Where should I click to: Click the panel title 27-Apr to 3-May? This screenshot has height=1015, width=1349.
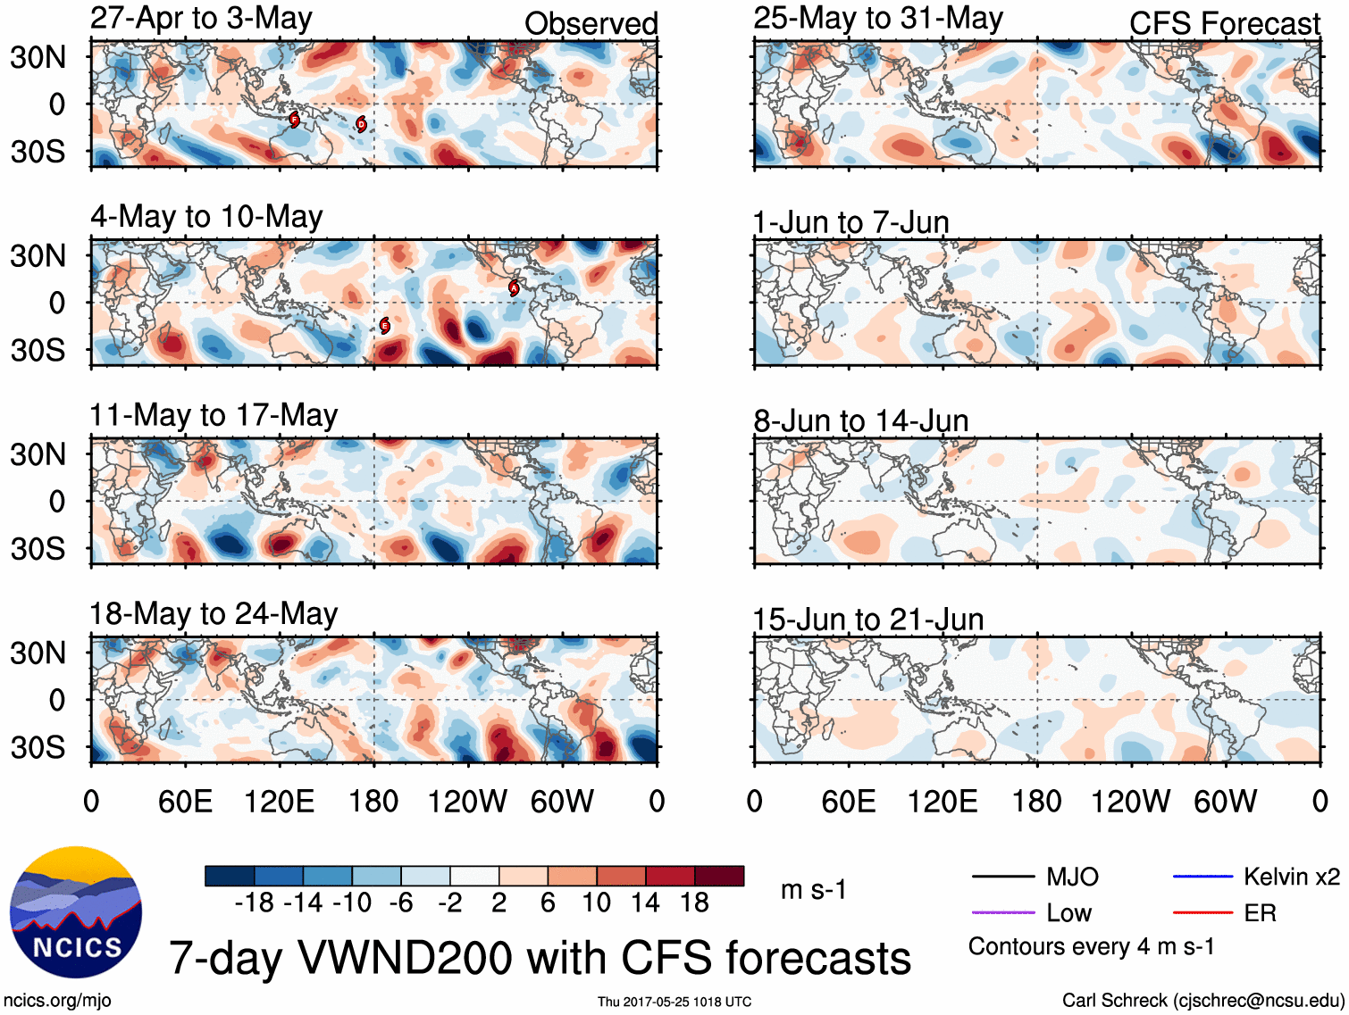[201, 18]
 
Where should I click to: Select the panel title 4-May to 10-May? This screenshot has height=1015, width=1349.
[206, 217]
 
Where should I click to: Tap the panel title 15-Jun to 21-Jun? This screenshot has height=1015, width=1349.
[867, 619]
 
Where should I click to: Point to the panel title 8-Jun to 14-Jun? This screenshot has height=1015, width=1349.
[860, 420]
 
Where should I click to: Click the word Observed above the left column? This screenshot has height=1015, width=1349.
[591, 23]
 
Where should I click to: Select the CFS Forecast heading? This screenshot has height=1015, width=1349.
[1224, 23]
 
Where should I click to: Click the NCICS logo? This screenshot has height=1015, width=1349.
[76, 911]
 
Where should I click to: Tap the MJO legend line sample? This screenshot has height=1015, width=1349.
[1002, 877]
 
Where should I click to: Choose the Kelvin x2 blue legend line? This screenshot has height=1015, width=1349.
[1202, 877]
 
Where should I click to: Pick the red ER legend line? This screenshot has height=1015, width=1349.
[1202, 913]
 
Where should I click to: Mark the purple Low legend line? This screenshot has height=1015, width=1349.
[1002, 913]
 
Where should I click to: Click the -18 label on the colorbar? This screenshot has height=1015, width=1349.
[254, 903]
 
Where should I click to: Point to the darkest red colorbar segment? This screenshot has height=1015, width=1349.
[719, 876]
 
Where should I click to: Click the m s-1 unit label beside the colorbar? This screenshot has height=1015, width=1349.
[813, 889]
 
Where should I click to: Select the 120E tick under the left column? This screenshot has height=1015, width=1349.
[279, 801]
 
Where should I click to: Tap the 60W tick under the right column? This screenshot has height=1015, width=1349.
[1225, 801]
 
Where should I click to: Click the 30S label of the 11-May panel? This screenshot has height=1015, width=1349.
[38, 548]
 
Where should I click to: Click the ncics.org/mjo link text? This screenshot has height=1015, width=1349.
[57, 1000]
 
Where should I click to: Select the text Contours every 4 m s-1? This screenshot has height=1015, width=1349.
[1091, 946]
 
